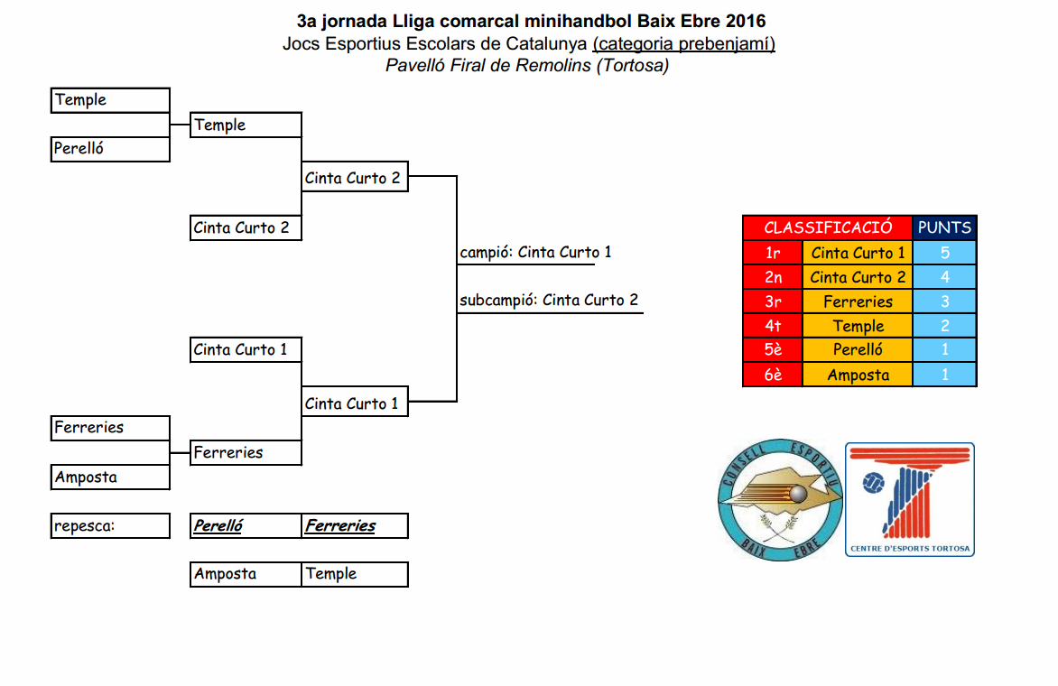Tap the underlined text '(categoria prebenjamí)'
point(683,43)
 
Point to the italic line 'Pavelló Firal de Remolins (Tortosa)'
point(527,65)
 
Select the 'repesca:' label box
point(110,525)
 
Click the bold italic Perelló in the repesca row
point(246,525)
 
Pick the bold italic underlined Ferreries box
point(354,525)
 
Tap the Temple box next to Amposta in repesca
point(354,574)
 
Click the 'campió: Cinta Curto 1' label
point(535,253)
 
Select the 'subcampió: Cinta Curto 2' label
point(549,301)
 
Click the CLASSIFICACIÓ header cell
point(828,227)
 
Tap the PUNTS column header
point(944,227)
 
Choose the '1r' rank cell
point(773,253)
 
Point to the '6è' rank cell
point(773,375)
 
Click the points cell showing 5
point(944,253)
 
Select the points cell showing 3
point(944,301)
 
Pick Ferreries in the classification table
point(858,301)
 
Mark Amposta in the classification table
point(858,375)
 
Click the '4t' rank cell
point(773,326)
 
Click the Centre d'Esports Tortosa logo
point(910,499)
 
